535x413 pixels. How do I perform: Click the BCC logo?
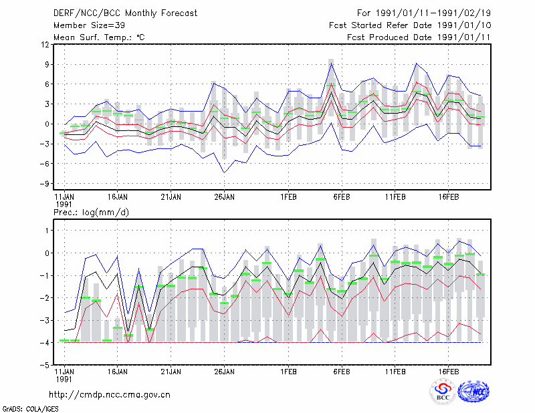click(443, 392)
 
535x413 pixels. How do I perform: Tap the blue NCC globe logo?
click(473, 392)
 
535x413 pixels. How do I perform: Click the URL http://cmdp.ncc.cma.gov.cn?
click(110, 395)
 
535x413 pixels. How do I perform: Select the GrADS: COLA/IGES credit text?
click(30, 409)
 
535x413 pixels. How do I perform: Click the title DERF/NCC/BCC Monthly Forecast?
click(125, 13)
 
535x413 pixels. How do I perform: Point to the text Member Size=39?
click(89, 25)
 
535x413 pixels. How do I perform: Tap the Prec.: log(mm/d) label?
click(91, 213)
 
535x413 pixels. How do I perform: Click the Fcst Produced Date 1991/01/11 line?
click(419, 37)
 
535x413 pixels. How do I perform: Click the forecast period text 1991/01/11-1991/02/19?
click(433, 13)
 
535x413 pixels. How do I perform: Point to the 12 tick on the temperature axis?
click(45, 45)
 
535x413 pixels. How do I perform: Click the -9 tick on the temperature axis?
click(44, 184)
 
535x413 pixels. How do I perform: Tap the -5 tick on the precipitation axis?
click(44, 366)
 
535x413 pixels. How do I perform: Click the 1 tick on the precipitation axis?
click(47, 231)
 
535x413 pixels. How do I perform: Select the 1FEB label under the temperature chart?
click(288, 197)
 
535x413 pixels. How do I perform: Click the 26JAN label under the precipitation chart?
click(224, 372)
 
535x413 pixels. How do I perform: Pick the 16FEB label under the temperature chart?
click(448, 197)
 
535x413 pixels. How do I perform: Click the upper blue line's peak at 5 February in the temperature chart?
click(331, 63)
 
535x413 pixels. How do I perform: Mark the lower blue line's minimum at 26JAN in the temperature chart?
click(224, 172)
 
